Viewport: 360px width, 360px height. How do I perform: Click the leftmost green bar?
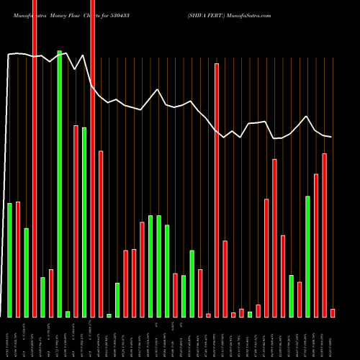coord(10,260)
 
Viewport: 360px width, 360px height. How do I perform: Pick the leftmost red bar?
coord(18,259)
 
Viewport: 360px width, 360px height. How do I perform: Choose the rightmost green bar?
coord(308,256)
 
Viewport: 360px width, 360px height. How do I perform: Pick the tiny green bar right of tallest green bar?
coord(68,314)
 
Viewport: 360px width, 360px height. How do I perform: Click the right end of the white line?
coord(331,137)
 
